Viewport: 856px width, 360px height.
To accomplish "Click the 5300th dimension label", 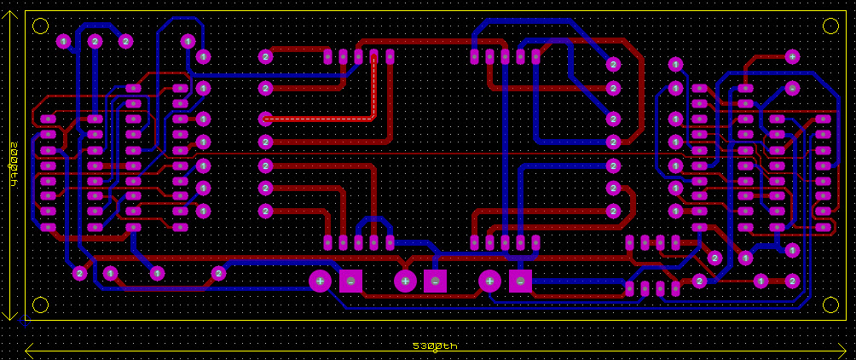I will coord(435,346).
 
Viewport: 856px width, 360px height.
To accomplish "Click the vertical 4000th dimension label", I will coord(14,165).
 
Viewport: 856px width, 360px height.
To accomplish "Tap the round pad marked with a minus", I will coord(792,88).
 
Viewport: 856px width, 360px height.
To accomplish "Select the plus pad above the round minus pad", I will coord(792,56).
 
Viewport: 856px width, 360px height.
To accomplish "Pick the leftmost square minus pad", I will coord(350,281).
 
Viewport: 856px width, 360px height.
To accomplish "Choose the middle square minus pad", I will coord(435,281).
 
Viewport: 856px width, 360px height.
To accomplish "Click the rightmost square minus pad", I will coord(520,281).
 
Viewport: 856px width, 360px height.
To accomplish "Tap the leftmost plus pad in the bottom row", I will coord(320,281).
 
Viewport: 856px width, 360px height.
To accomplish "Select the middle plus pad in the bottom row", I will coord(405,281).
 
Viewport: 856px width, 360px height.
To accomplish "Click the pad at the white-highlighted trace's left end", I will coord(265,119).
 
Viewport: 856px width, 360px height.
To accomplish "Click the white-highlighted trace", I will coord(324,119).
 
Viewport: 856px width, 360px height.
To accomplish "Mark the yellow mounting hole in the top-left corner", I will coord(40,26).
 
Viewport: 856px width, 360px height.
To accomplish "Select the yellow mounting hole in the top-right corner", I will coord(830,26).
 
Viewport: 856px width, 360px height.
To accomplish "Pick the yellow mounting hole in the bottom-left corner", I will coord(40,305).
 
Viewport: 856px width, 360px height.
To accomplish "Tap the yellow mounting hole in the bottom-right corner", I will coord(830,305).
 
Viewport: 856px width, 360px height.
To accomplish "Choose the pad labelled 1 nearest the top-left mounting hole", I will coord(63,40).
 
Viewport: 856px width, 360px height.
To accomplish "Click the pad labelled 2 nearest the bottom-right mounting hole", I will coord(792,281).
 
